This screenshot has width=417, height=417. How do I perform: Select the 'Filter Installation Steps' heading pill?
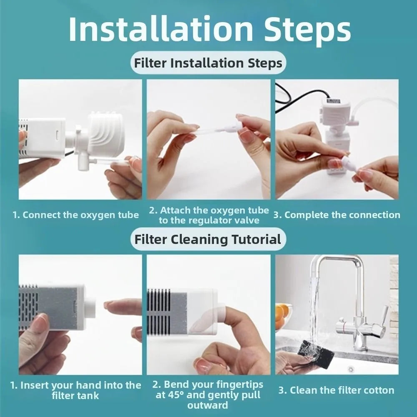pos(208,63)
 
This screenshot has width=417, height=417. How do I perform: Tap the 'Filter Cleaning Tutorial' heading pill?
pos(208,239)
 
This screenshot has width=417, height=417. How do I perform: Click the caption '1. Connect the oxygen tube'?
pos(75,215)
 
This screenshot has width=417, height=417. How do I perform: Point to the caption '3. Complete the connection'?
pos(337,215)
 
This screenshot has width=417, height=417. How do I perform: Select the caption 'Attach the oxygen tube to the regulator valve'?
pos(209,215)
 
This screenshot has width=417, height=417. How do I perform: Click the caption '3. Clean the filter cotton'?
pos(336,390)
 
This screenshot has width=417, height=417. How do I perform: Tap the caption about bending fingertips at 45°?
pos(208,394)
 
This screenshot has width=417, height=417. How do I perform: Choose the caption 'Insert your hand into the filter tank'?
pos(75,390)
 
